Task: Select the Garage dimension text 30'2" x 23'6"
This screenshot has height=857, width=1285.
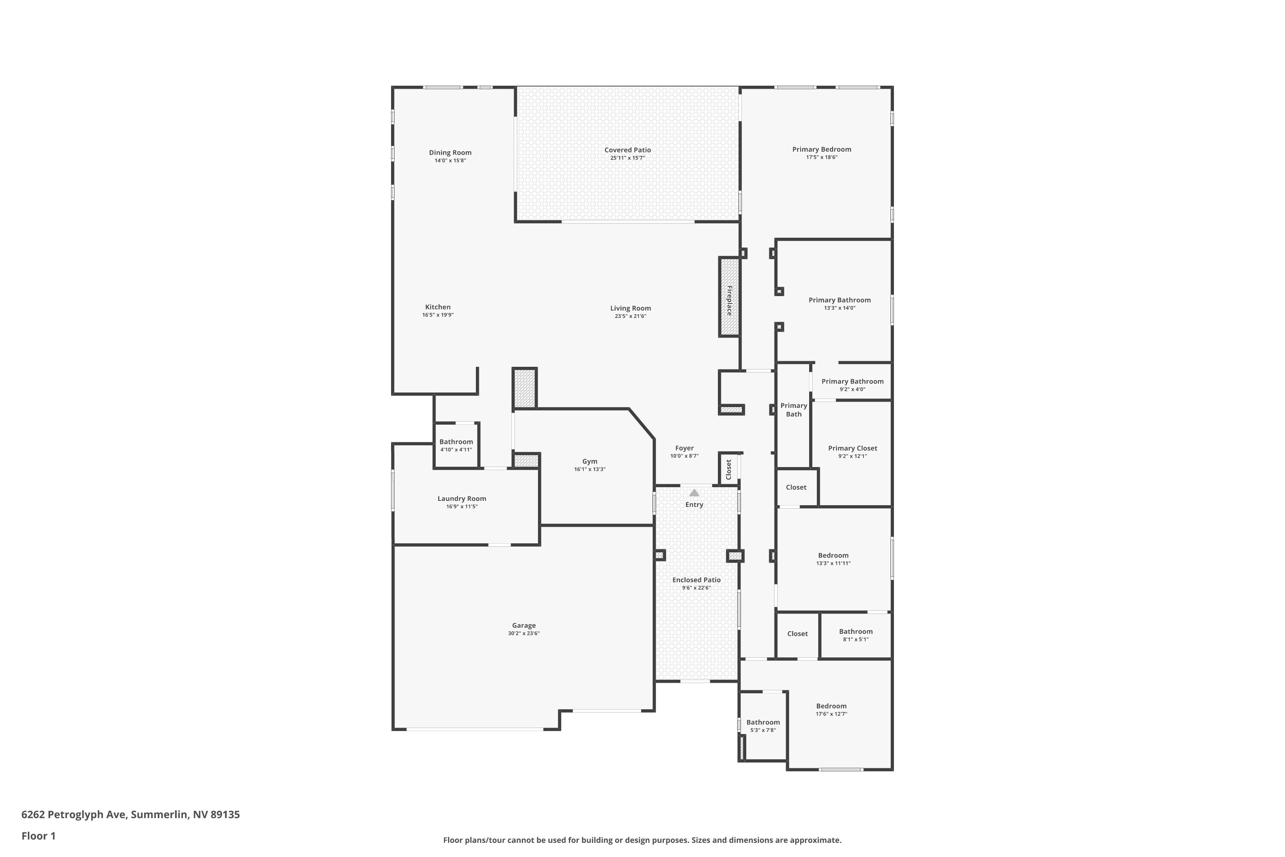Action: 523,633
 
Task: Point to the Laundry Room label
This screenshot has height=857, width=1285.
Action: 462,498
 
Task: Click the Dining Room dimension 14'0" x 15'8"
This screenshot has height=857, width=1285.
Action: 450,161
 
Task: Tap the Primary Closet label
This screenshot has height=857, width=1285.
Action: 852,448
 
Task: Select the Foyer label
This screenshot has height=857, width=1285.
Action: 684,448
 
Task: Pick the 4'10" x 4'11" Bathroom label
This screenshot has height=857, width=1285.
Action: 456,442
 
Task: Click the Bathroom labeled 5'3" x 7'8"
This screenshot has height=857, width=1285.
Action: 763,722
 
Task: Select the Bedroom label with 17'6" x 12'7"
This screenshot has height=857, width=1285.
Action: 831,706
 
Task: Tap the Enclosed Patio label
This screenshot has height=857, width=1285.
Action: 696,580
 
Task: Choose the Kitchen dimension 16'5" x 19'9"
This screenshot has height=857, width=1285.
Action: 438,315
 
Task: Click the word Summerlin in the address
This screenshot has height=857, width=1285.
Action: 159,815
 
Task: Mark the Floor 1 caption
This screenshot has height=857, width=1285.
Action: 38,836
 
